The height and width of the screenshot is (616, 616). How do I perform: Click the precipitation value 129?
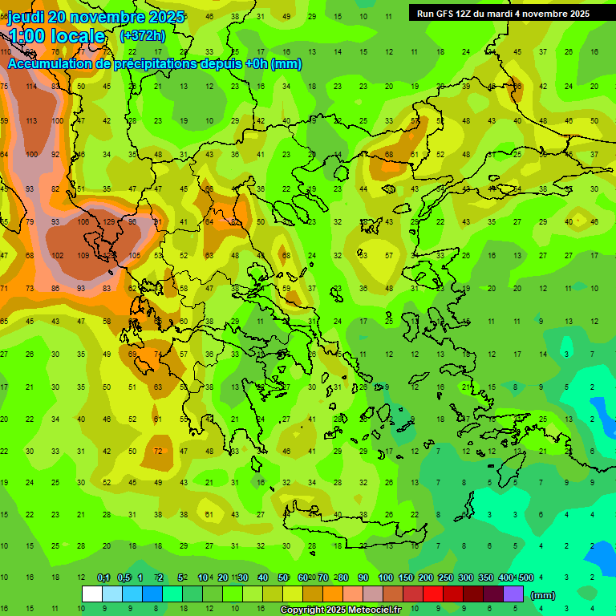coord(108,221)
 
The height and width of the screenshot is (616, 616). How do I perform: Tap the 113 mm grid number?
coord(31,121)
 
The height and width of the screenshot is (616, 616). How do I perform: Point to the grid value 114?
coord(31,87)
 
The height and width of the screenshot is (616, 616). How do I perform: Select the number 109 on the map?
coord(83,255)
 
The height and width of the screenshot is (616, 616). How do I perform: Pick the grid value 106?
coord(83,221)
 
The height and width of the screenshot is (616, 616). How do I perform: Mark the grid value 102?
coord(57,255)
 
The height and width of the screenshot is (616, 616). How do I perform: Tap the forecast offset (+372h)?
coord(142,36)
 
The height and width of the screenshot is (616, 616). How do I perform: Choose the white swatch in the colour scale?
coord(92,594)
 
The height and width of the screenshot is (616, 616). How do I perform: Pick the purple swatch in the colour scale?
coord(513,594)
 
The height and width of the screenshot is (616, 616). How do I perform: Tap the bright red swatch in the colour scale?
coord(433,594)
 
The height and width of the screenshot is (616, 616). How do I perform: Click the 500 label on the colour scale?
coord(525,577)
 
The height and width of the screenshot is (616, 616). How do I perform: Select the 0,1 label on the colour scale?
coord(103,577)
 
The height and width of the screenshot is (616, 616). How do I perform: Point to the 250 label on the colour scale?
coord(446,577)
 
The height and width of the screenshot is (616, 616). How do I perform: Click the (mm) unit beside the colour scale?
coord(543,595)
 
